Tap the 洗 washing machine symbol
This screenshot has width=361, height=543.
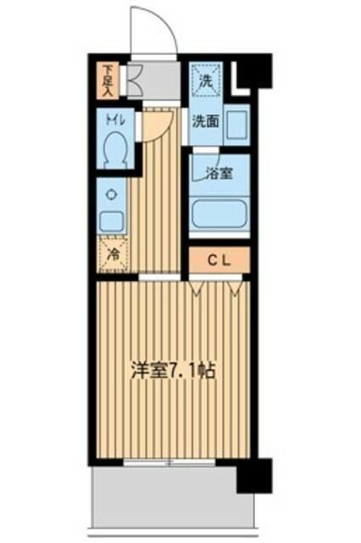pos(204,81)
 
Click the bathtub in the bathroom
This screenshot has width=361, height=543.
pos(219,212)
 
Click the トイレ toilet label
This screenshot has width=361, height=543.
pos(115,121)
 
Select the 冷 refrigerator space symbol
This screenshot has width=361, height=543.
pos(112,253)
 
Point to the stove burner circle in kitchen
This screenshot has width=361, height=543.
pos(112,193)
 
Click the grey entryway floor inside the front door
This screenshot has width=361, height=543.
pos(157,81)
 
